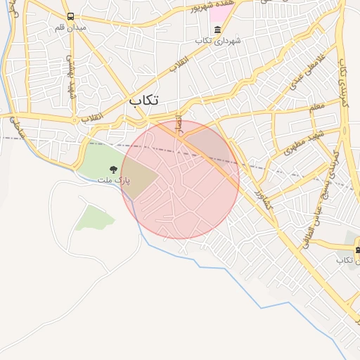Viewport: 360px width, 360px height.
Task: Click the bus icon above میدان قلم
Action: [x=70, y=16]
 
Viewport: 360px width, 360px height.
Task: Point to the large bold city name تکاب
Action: [x=143, y=101]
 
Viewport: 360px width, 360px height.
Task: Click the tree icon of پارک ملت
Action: [x=112, y=169]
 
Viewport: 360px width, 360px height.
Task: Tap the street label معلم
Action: [x=317, y=107]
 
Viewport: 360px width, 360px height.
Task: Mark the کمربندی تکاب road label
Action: [x=343, y=84]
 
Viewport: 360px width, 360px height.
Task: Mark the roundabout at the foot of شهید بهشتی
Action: [x=75, y=120]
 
